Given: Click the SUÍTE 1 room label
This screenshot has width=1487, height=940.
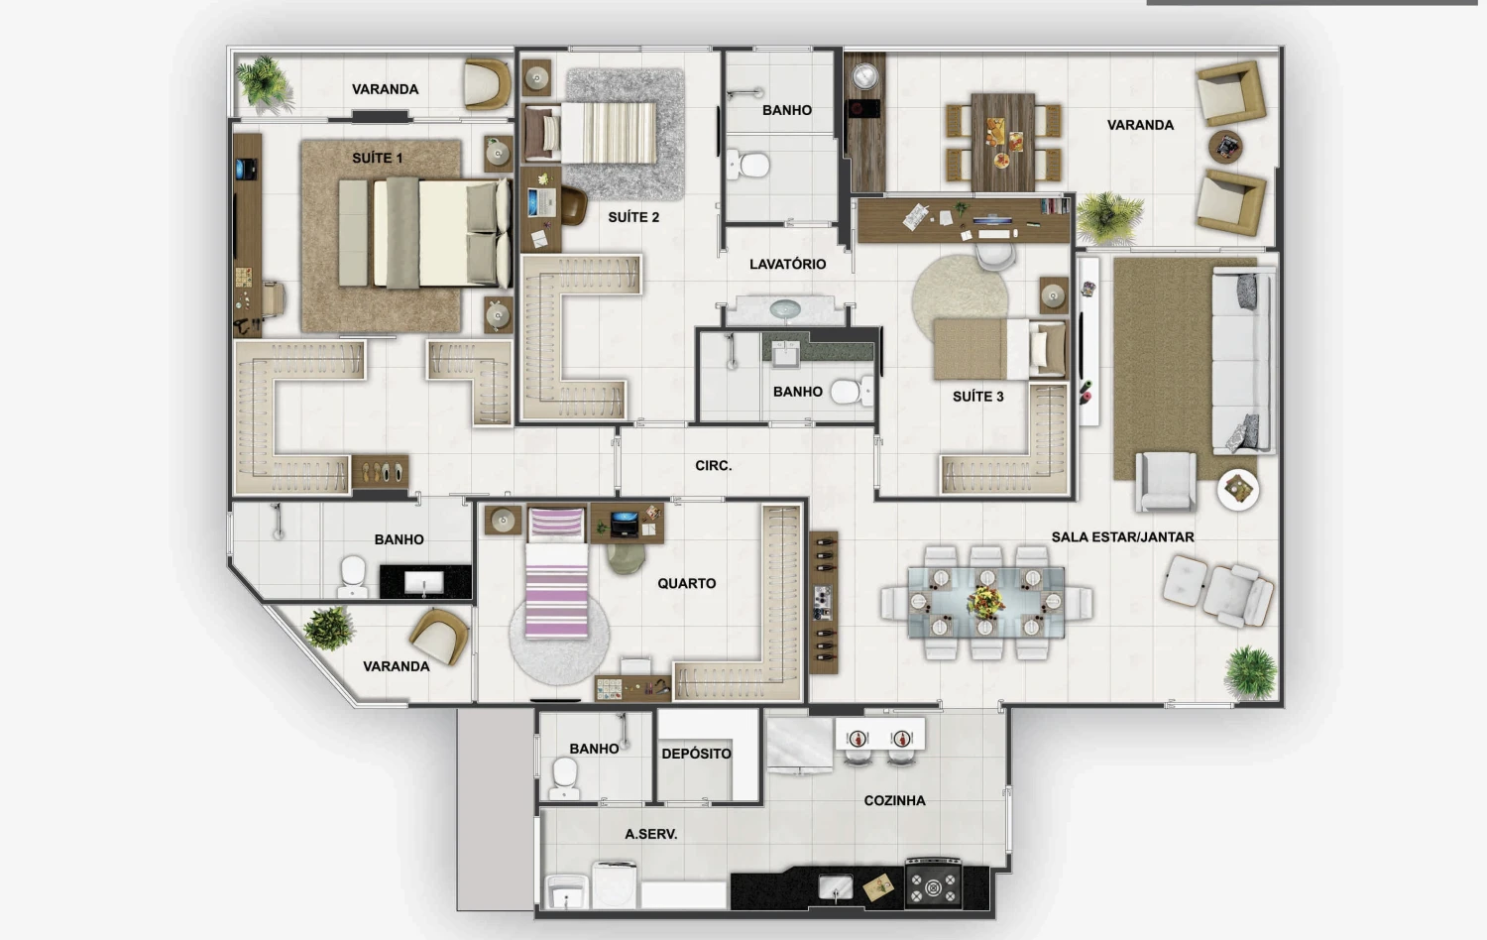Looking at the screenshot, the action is click(377, 158).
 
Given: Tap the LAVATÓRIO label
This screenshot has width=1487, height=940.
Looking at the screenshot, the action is click(787, 264).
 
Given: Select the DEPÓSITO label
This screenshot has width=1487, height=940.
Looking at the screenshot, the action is click(696, 754).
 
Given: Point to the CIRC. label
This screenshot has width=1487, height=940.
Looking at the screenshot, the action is click(714, 466).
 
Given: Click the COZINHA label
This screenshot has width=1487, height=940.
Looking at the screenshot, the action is click(894, 800).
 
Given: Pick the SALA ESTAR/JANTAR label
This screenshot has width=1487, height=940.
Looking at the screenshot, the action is click(1122, 537).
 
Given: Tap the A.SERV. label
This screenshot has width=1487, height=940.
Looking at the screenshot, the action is click(650, 835).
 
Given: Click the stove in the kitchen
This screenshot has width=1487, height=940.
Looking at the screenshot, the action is click(934, 882).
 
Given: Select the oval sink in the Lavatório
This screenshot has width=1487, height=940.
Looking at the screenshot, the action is click(785, 308).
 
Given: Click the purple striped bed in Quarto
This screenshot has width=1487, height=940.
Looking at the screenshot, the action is click(556, 572).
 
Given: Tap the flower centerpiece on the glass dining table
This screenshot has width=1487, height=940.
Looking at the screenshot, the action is click(985, 602).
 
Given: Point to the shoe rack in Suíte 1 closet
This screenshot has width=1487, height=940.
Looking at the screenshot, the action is click(380, 472).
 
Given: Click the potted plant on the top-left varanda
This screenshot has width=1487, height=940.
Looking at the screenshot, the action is click(265, 84).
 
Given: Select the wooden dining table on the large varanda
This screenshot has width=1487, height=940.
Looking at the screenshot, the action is click(1002, 142).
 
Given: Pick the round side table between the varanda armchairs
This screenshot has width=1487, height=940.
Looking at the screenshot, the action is click(1225, 147).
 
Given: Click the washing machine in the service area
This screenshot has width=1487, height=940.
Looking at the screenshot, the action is click(614, 884).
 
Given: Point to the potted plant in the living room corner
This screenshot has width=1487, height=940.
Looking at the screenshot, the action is click(1251, 673).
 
